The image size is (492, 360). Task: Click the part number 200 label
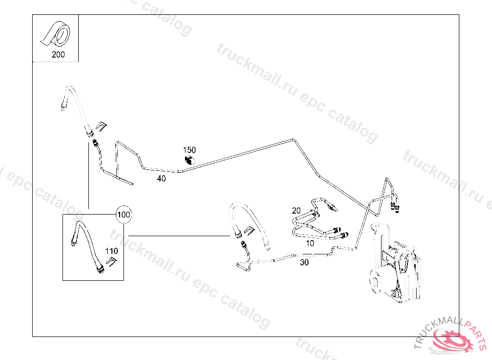coord(58,55)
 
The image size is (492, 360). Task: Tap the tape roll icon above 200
coord(56,35)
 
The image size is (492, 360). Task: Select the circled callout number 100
coord(123,215)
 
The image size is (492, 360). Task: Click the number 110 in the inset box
coord(111,251)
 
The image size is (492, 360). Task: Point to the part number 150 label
coord(189,150)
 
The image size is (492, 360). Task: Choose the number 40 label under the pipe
coord(161,179)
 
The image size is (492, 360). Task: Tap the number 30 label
coord(304,263)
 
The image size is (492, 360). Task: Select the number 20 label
coord(296,211)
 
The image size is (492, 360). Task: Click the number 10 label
coord(310,243)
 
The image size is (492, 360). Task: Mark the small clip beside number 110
coord(111,262)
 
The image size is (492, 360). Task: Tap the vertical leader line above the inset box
coord(88,178)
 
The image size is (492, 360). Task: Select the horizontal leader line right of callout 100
coord(178,236)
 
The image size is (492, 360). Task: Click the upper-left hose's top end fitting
coord(64,104)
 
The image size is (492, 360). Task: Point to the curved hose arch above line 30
coord(250,216)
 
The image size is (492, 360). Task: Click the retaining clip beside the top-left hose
coord(100,126)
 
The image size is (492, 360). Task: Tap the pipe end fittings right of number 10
coord(343,234)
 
